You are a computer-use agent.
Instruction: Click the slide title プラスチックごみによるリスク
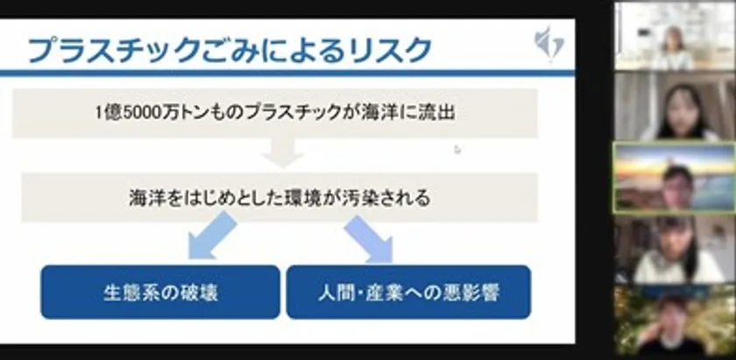tap(230, 49)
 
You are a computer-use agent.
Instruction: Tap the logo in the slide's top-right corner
tap(549, 44)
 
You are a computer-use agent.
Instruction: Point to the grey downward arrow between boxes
tap(282, 152)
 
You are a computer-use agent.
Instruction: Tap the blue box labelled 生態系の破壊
tap(160, 292)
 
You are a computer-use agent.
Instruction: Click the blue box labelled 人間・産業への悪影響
tap(408, 292)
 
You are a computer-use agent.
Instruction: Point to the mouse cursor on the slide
tap(457, 150)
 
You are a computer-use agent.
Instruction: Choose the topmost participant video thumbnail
tap(675, 37)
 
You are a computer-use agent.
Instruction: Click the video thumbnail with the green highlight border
tap(675, 178)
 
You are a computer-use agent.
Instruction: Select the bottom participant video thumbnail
tap(675, 321)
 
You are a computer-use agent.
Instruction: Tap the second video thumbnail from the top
tap(675, 107)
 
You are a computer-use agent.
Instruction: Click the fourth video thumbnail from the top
tap(675, 250)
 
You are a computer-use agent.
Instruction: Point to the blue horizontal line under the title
tap(287, 74)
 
